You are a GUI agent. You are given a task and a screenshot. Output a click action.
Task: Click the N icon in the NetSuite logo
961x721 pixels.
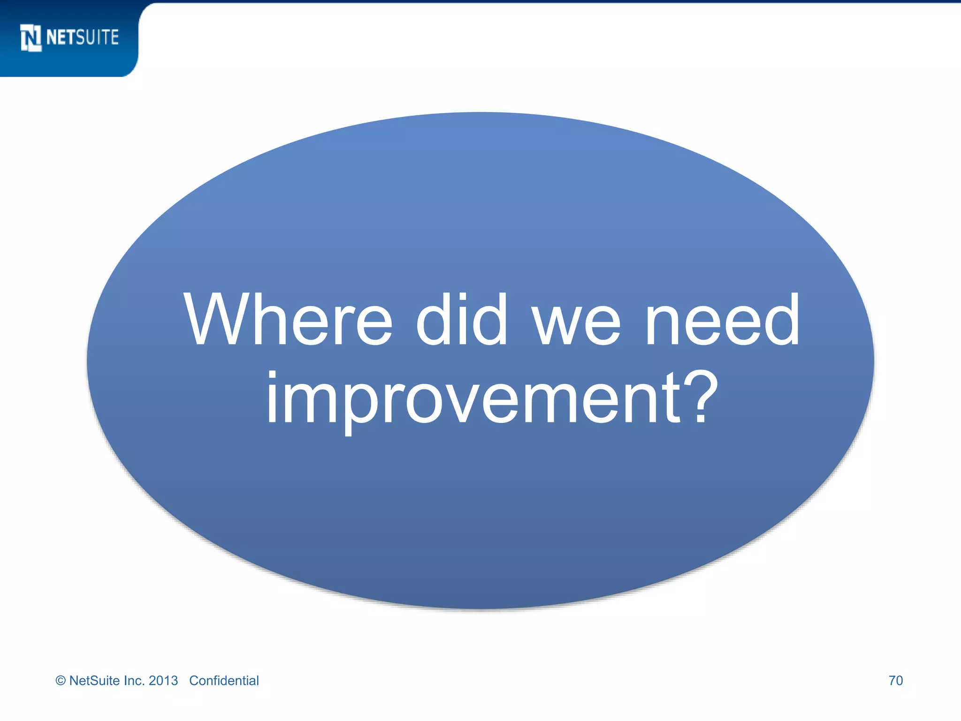coord(31,38)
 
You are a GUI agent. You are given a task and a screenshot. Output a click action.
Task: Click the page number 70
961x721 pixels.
coord(895,681)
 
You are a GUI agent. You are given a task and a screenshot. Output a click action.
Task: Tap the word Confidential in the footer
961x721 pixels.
coord(224,681)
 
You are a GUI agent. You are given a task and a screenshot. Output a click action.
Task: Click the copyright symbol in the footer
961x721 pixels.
coord(61,681)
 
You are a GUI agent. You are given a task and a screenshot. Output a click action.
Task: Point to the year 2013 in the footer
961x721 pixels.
coord(163,681)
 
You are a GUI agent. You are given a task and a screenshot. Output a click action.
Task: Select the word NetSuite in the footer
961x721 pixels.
coord(94,681)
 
